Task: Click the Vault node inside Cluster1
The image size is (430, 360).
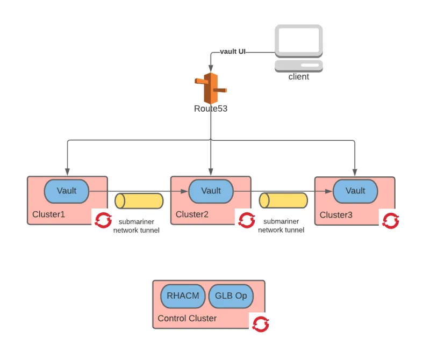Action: coord(66,191)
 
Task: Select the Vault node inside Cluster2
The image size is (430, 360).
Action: coord(211,191)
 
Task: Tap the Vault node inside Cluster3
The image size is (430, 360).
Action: coord(355,191)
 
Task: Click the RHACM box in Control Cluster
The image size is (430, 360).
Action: coord(183,296)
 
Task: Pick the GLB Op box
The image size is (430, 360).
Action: coord(231,296)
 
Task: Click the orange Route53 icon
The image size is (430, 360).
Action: coord(210,88)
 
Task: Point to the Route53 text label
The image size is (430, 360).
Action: coord(211,109)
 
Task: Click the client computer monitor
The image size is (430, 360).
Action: coord(299,41)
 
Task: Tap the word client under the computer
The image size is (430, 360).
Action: coord(299,77)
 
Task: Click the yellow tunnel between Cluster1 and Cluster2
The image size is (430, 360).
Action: coord(139,201)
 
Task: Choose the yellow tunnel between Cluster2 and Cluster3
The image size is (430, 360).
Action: coord(283,201)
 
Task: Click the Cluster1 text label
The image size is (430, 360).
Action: coord(48,214)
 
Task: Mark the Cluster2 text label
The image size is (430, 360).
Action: coord(192,214)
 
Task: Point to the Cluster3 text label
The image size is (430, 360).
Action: coord(336,215)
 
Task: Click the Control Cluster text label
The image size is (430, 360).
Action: coord(187,318)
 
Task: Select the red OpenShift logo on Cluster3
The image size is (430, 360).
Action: coord(391,220)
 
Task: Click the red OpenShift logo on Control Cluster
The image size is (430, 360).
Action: coord(261,324)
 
